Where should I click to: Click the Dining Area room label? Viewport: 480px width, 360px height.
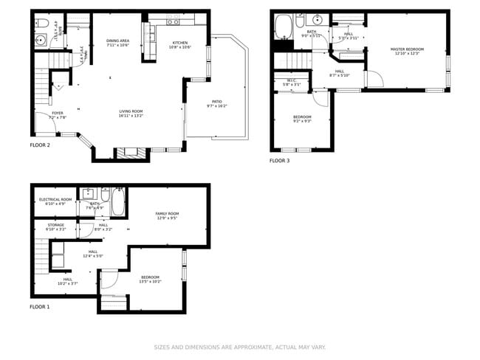pyautogui.click(x=118, y=41)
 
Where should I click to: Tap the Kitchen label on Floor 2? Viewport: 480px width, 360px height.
pyautogui.click(x=180, y=44)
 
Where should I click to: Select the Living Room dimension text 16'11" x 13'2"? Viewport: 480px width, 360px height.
pyautogui.click(x=131, y=116)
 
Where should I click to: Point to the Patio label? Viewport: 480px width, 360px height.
pyautogui.click(x=216, y=102)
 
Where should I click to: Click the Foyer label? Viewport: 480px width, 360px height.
pyautogui.click(x=57, y=113)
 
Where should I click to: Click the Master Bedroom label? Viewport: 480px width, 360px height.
pyautogui.click(x=407, y=49)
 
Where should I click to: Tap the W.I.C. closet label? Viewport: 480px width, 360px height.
pyautogui.click(x=292, y=81)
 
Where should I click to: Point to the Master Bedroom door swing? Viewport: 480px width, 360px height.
pyautogui.click(x=374, y=79)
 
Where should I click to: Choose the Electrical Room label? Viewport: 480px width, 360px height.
pyautogui.click(x=55, y=199)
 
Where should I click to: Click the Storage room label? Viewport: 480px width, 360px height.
pyautogui.click(x=55, y=225)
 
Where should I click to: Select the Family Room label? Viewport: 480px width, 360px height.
pyautogui.click(x=167, y=214)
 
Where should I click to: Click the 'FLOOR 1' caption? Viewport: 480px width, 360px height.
pyautogui.click(x=40, y=306)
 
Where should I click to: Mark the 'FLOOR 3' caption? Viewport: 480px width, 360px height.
pyautogui.click(x=279, y=160)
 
